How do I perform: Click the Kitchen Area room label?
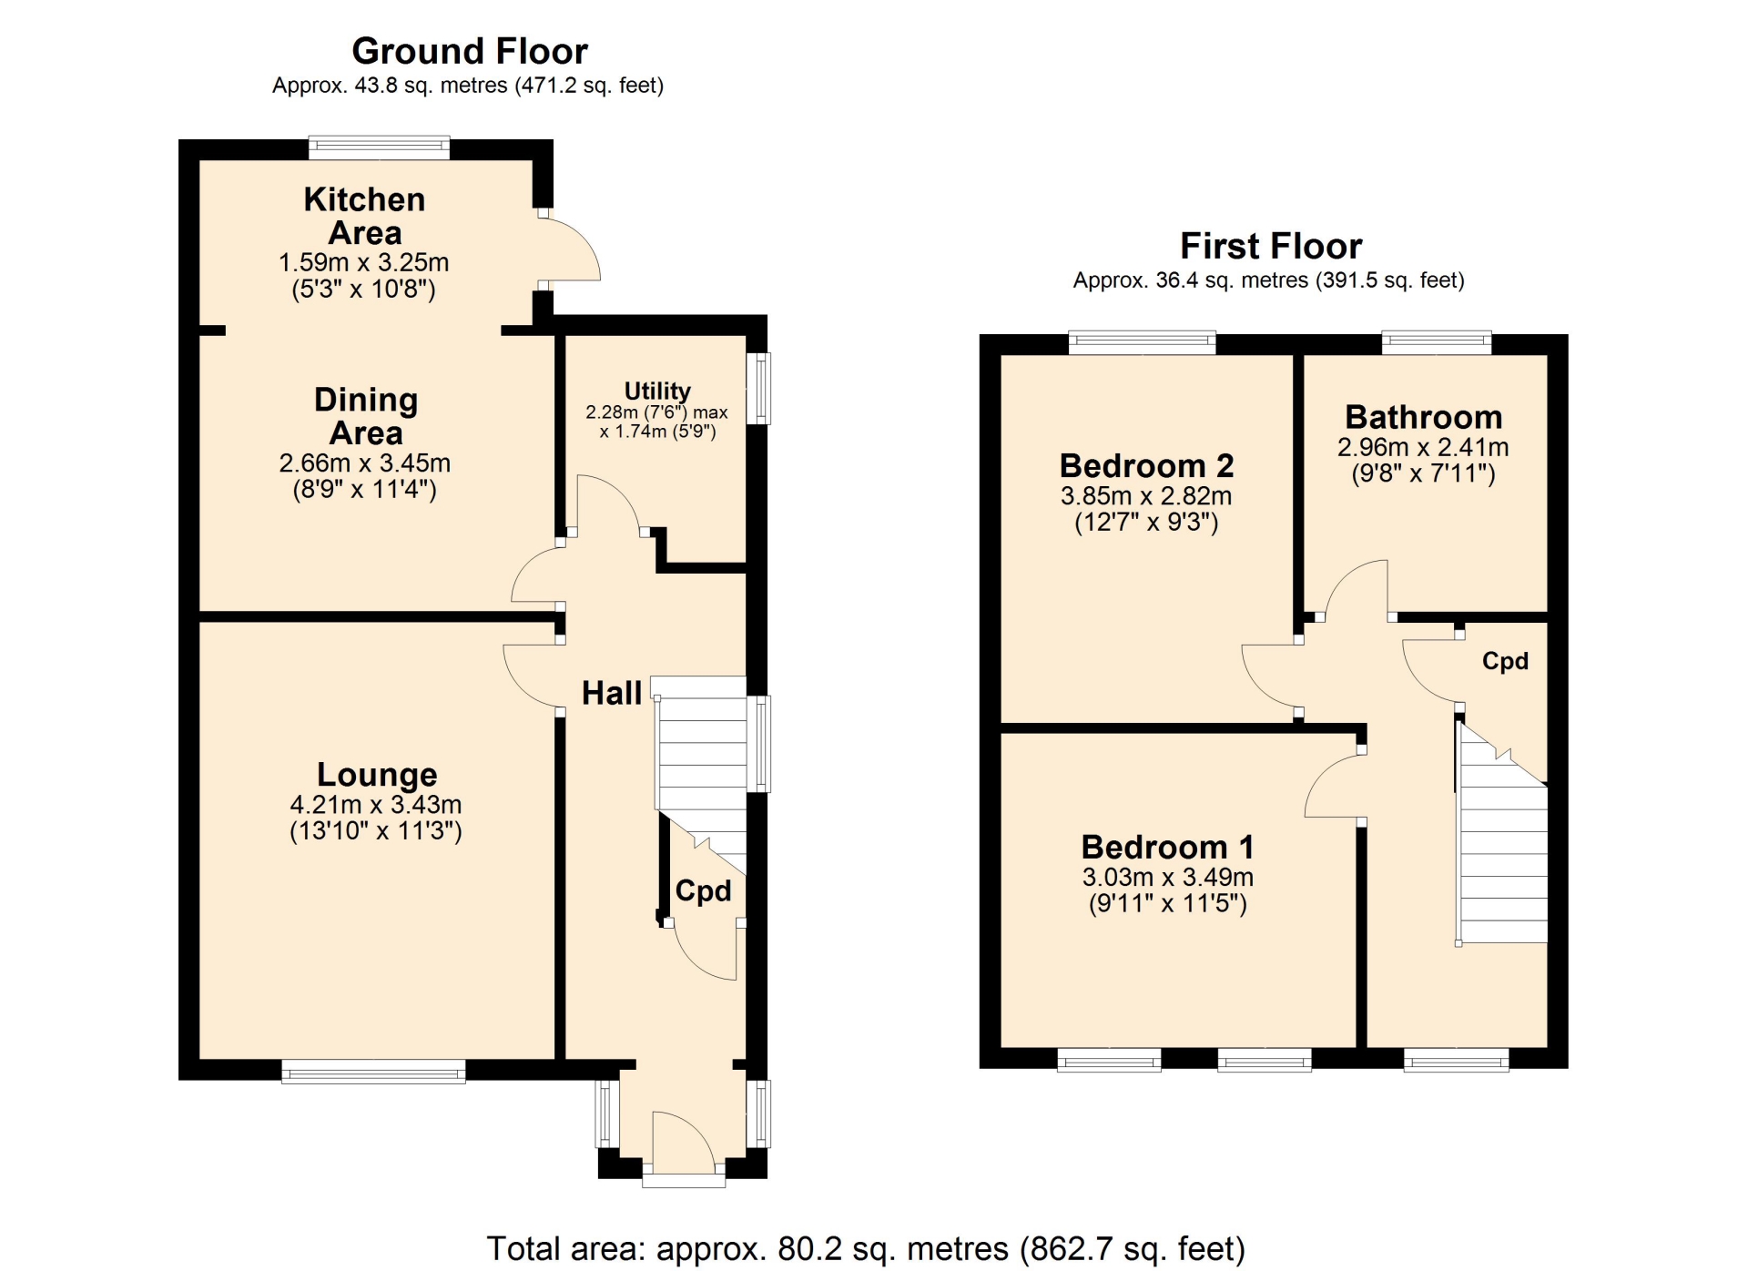(364, 216)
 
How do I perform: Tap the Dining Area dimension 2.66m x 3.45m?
(364, 463)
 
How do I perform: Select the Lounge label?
(377, 774)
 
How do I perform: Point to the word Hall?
(612, 693)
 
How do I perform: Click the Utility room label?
(657, 391)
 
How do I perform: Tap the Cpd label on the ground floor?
(703, 890)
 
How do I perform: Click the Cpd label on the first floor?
(1505, 661)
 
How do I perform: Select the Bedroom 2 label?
(1146, 466)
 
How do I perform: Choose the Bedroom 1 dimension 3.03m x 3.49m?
(1167, 877)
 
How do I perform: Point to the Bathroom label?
(1424, 417)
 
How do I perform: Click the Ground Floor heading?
(470, 51)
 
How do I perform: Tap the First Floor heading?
(1271, 246)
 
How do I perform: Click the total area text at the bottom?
(866, 1248)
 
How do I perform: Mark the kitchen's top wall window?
(379, 147)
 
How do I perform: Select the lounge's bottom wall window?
(373, 1071)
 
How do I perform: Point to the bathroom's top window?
(1437, 343)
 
